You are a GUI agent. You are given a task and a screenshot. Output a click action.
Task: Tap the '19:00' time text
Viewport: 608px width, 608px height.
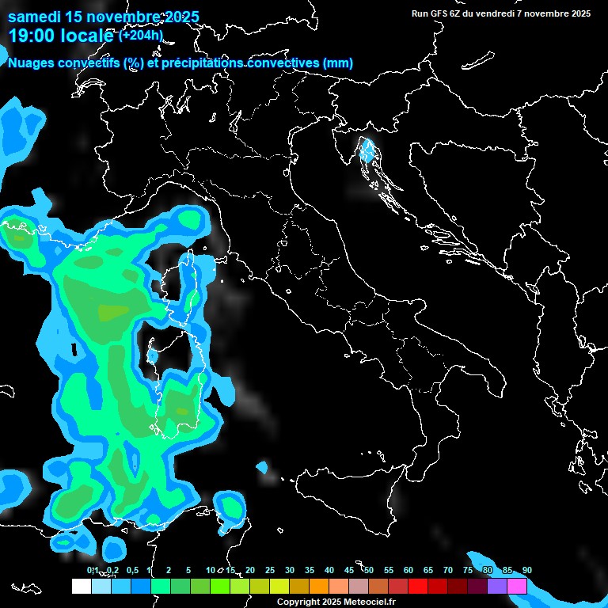[x=31, y=36]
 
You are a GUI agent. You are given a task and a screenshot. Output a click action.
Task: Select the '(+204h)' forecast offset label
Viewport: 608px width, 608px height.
[x=140, y=35]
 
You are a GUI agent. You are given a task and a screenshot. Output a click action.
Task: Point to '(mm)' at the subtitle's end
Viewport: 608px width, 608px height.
[x=338, y=63]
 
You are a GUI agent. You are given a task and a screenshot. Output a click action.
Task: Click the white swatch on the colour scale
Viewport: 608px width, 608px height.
[x=81, y=586]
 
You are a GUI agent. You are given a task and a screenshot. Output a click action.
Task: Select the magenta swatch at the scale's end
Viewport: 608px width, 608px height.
[x=517, y=586]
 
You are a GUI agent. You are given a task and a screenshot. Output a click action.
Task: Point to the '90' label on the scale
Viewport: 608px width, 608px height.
[x=527, y=571]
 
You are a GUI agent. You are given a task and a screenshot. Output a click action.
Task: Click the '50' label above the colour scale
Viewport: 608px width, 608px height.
[x=369, y=571]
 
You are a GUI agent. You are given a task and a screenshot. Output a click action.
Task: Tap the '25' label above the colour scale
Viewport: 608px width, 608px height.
[x=270, y=571]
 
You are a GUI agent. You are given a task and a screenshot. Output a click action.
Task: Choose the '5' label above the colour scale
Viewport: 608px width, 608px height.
[x=188, y=571]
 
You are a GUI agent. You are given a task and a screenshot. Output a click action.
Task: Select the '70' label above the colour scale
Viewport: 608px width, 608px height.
[x=448, y=571]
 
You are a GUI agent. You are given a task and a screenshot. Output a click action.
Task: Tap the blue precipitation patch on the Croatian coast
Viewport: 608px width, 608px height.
[x=366, y=150]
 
